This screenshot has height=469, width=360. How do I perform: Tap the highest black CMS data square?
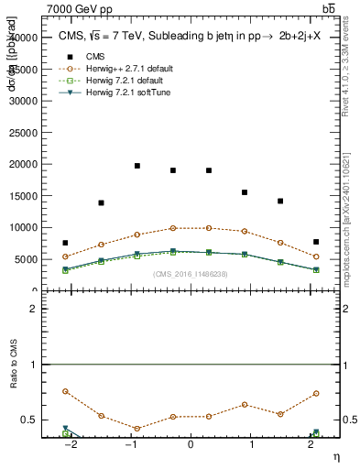click(x=137, y=166)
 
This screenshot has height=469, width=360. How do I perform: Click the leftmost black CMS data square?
click(x=65, y=243)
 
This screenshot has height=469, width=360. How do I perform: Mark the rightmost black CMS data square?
click(x=315, y=242)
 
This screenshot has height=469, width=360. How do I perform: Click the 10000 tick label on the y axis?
click(x=25, y=227)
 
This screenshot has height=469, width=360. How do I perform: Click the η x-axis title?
click(x=335, y=457)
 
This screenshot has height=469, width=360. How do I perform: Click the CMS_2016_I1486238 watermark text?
click(x=190, y=274)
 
